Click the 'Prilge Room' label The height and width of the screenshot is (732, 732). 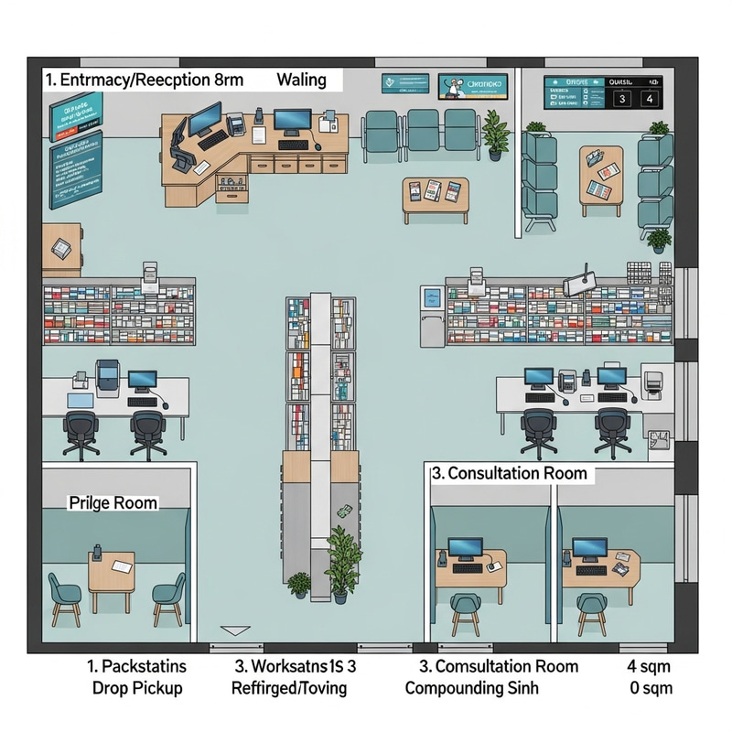(x=113, y=503)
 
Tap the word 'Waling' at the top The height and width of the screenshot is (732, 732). (x=301, y=80)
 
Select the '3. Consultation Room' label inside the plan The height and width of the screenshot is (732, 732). (x=508, y=474)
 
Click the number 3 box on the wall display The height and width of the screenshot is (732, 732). (x=622, y=98)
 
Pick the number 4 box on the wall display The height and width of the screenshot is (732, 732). (x=651, y=98)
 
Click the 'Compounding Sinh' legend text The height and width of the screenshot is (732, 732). (x=471, y=687)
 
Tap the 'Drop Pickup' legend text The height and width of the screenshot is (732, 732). (x=137, y=687)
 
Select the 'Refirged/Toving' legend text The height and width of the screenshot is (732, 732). (x=290, y=687)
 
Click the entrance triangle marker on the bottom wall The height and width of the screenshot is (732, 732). (x=236, y=630)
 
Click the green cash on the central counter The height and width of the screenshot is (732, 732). (x=345, y=512)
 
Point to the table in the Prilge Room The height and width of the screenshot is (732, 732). (x=111, y=571)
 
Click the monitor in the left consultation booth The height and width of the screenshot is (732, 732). (x=466, y=549)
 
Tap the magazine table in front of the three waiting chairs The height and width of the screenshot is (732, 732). (x=435, y=194)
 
